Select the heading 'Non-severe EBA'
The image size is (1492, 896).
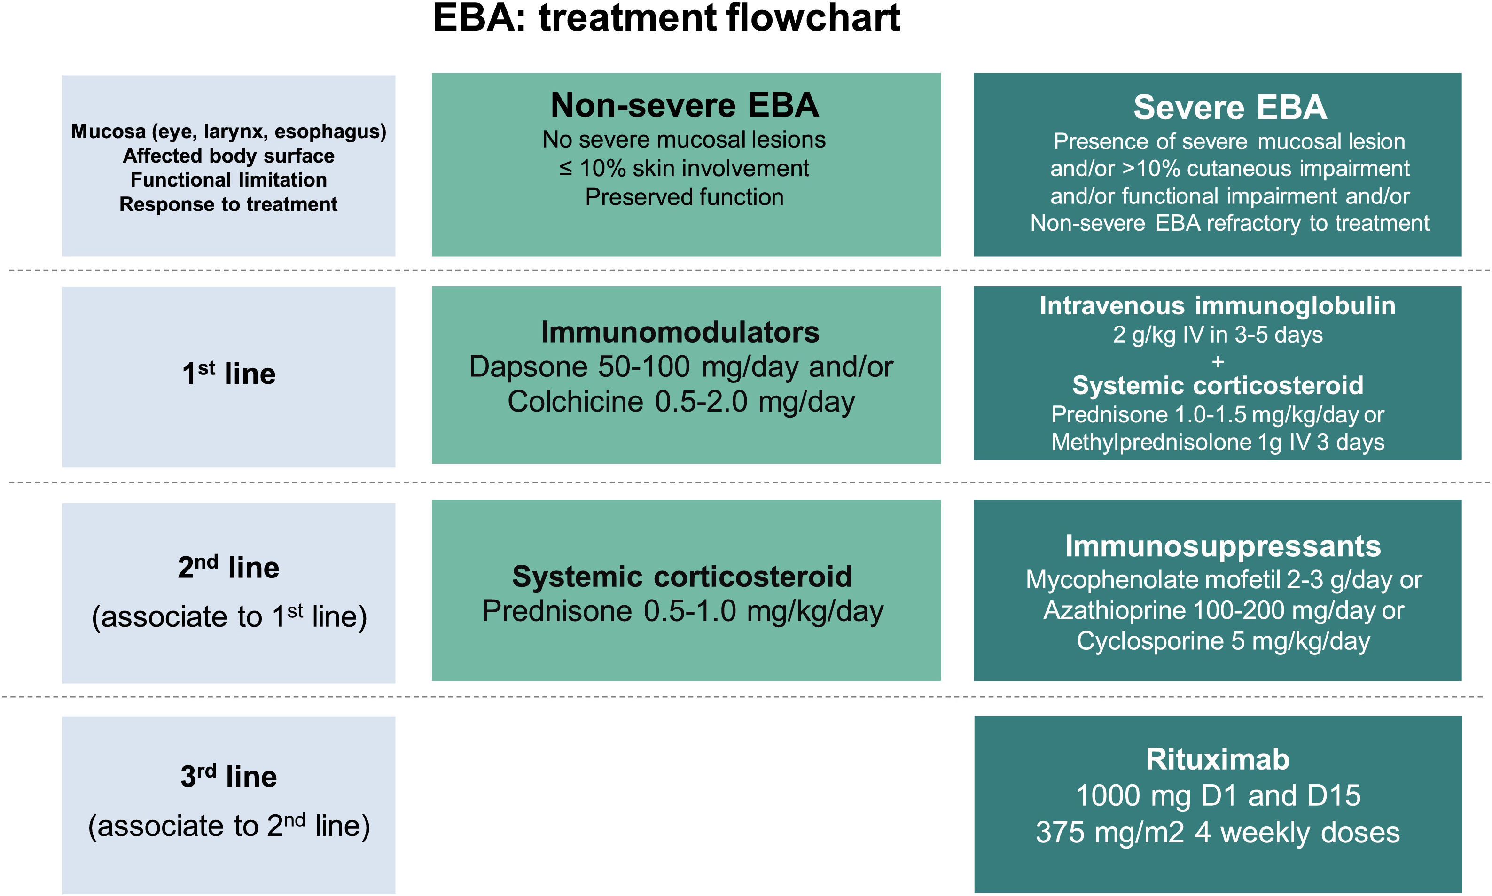[685, 105]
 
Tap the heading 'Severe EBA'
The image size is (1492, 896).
[1229, 108]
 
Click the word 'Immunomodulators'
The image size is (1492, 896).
[680, 332]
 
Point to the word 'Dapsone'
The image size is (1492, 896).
[527, 366]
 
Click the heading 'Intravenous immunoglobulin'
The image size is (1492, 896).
[1217, 305]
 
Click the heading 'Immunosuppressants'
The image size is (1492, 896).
[1223, 546]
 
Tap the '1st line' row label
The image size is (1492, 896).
[229, 373]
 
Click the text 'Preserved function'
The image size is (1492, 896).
[684, 197]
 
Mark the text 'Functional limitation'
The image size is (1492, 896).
[229, 180]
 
